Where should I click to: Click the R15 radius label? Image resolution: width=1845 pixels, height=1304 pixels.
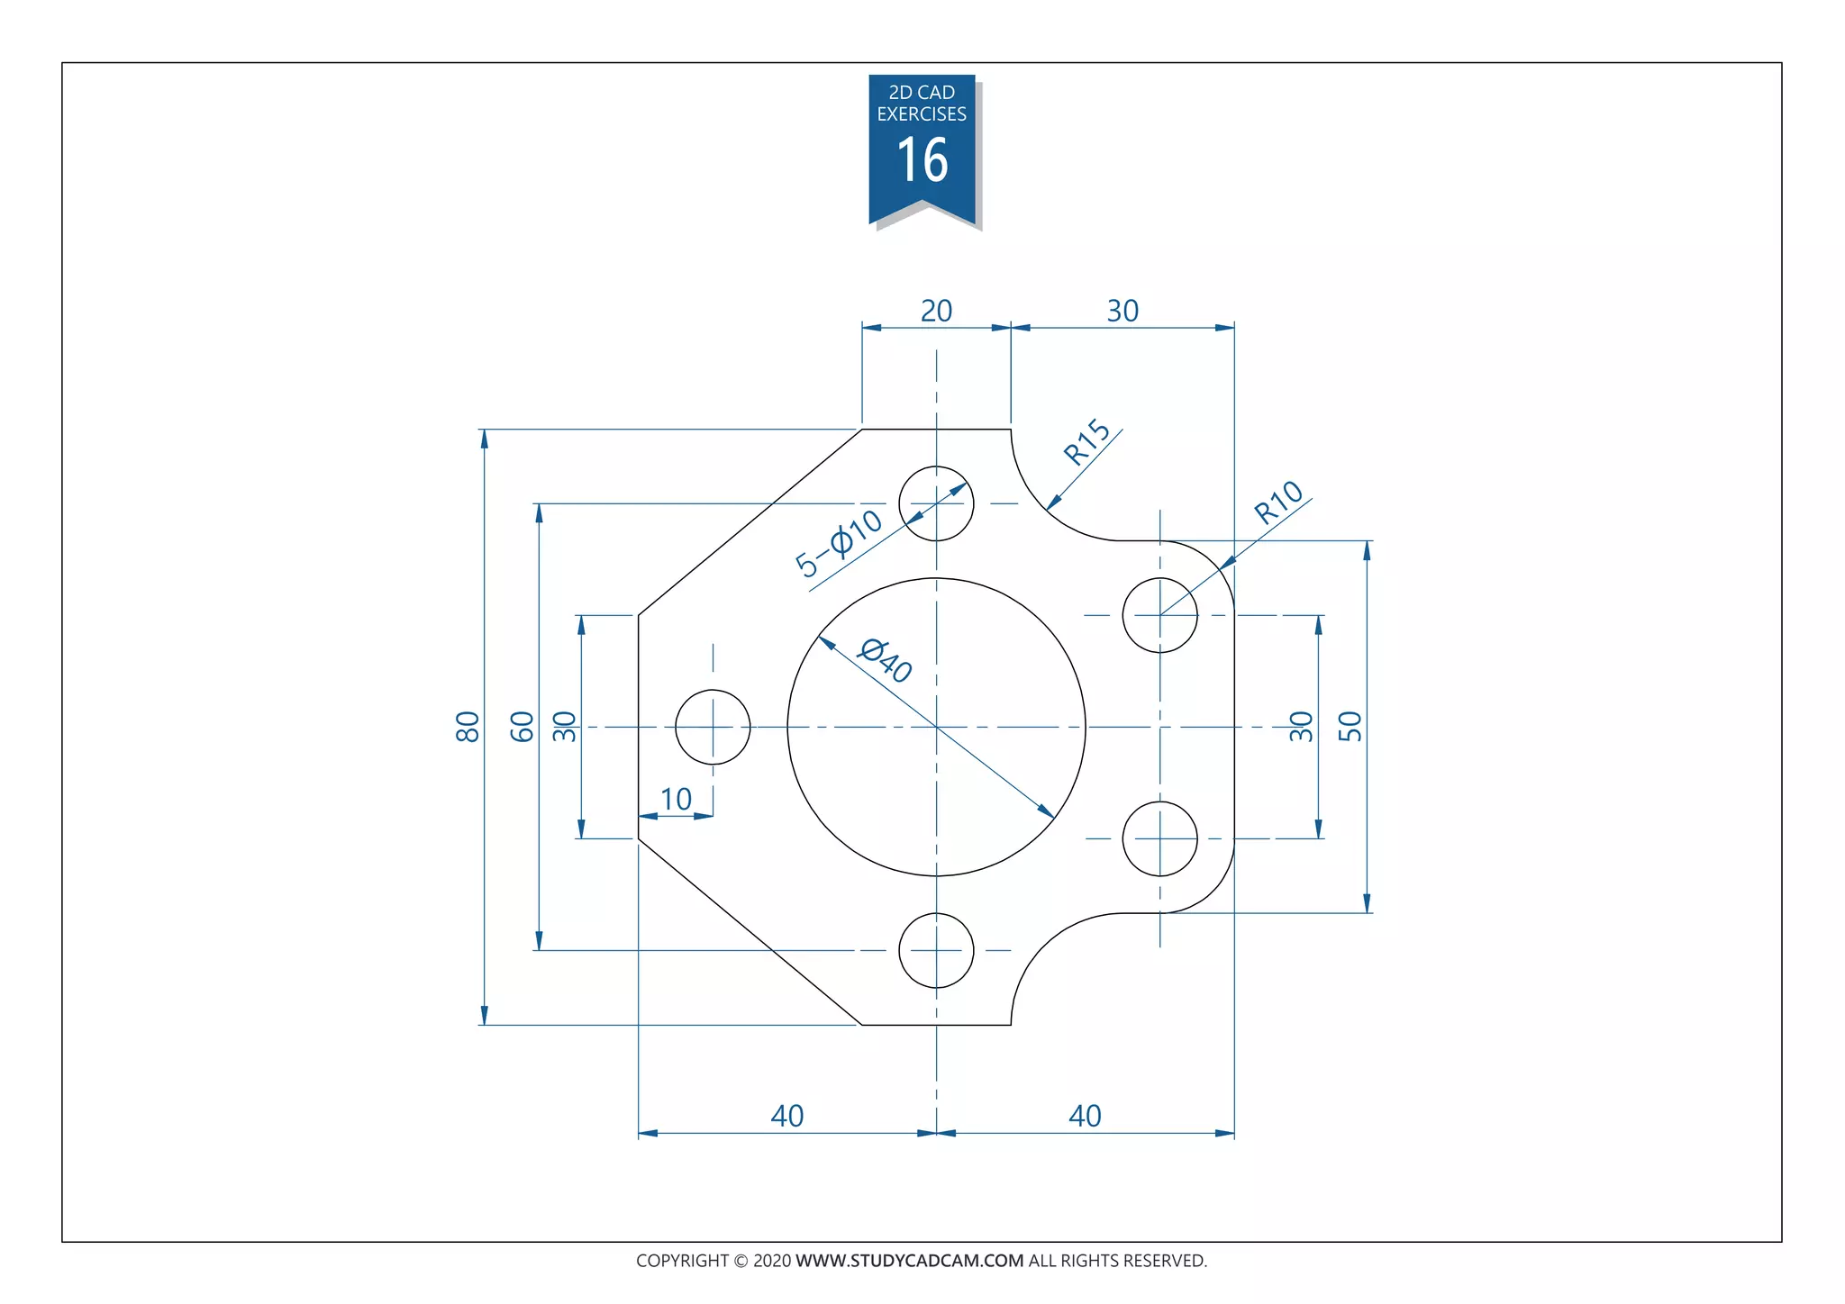(x=1087, y=441)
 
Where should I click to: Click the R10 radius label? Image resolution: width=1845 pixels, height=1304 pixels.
(x=1278, y=503)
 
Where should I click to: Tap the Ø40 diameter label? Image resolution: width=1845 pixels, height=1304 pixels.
(x=886, y=660)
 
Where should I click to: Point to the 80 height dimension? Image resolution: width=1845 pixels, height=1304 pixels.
(x=468, y=726)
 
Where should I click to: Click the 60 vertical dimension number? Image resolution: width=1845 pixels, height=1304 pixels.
(x=523, y=726)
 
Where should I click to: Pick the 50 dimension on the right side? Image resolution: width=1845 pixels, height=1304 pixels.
(x=1350, y=726)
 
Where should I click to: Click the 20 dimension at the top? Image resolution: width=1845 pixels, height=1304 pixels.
(x=936, y=311)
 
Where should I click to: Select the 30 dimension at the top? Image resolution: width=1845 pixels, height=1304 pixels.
(x=1122, y=311)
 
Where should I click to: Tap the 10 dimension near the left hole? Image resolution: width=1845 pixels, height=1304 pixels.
(x=676, y=799)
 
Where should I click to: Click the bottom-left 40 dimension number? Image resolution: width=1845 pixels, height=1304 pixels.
(x=786, y=1116)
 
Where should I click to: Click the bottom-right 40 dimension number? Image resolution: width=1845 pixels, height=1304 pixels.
(x=1085, y=1116)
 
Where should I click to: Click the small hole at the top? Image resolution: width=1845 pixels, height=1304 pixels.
(x=936, y=503)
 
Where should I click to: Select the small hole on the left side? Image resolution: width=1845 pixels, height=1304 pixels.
(x=713, y=727)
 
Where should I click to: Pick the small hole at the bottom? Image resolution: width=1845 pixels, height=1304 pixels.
(x=936, y=950)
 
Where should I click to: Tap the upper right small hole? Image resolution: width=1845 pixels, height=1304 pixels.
(x=1159, y=615)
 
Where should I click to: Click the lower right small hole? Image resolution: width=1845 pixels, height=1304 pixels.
(x=1159, y=838)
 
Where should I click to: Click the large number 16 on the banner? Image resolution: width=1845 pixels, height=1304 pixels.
(x=922, y=161)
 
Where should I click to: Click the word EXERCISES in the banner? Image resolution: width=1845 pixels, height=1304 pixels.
(x=922, y=114)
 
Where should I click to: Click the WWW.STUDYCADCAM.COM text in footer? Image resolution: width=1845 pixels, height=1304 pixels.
(x=909, y=1261)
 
